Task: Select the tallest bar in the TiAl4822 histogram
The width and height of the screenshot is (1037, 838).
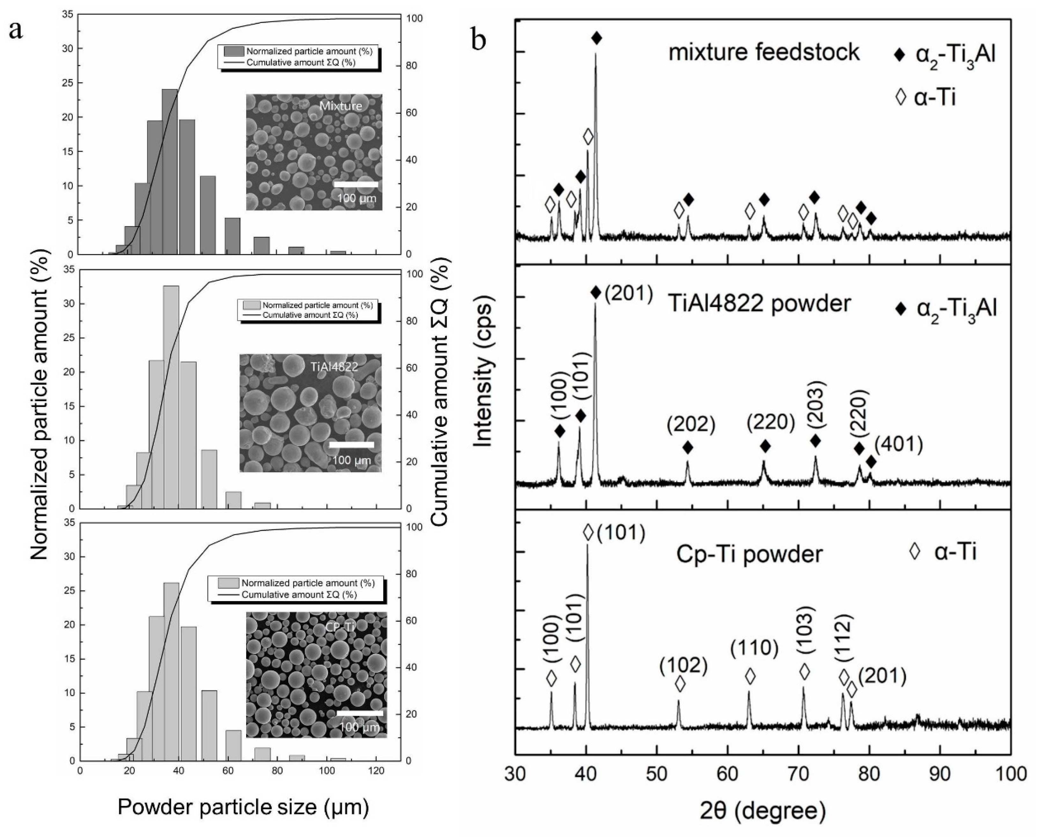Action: pos(171,396)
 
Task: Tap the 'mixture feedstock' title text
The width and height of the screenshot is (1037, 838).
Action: pos(764,52)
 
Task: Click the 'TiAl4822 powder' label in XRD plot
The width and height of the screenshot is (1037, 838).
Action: pos(759,303)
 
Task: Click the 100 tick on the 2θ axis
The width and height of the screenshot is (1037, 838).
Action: pos(1010,773)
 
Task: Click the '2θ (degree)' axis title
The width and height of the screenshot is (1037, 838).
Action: pos(763,812)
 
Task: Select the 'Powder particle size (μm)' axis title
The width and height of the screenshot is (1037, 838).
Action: pos(243,807)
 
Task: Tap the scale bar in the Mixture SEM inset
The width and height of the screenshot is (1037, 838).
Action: pos(356,184)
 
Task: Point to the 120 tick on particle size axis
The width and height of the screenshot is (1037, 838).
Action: pos(376,771)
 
